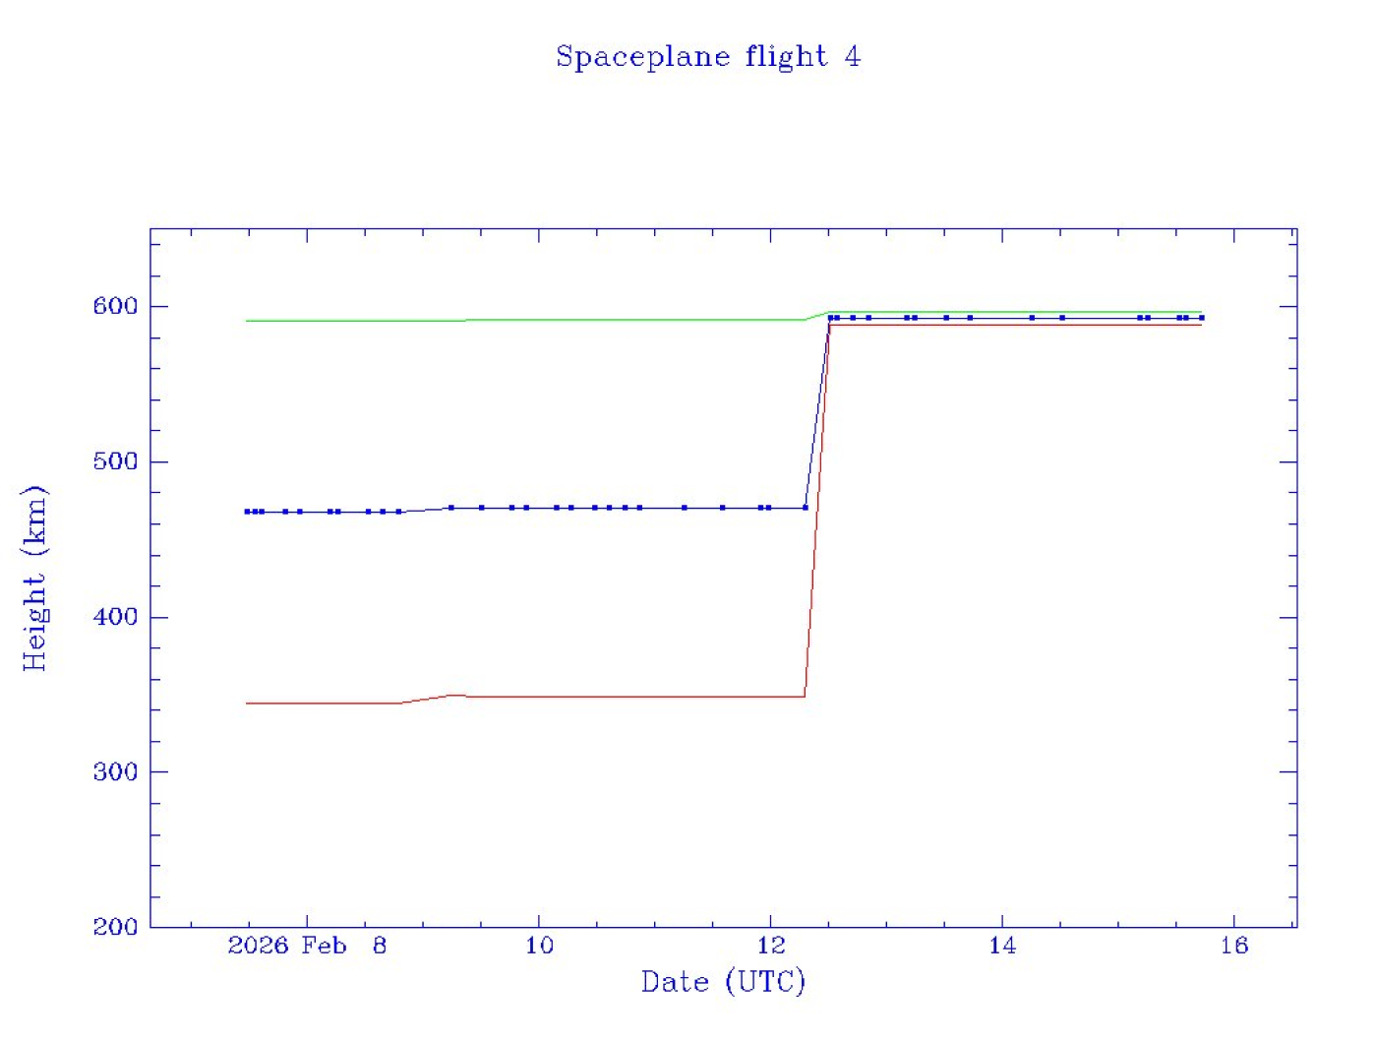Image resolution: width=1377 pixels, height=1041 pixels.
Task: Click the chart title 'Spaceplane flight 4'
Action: (x=707, y=57)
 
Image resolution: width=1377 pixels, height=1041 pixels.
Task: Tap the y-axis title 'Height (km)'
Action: (x=34, y=578)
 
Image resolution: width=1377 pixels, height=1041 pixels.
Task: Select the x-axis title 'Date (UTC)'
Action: (x=723, y=982)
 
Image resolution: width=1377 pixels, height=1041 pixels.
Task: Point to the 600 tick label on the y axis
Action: (x=115, y=306)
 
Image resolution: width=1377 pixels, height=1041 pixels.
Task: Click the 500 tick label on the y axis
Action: (x=115, y=461)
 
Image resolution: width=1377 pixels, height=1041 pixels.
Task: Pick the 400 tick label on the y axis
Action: (x=115, y=617)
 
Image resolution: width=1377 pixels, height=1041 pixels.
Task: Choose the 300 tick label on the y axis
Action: (x=115, y=772)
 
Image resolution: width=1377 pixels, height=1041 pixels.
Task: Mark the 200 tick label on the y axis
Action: (x=115, y=927)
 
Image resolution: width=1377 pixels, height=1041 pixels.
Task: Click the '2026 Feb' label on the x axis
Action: (x=287, y=947)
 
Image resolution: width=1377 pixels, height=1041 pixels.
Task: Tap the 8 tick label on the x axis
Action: (x=380, y=947)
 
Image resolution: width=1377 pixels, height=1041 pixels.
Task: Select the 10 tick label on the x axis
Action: (x=539, y=947)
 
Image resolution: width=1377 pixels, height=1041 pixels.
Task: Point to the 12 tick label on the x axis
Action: (x=771, y=947)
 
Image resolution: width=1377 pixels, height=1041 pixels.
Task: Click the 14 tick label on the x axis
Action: (x=1002, y=947)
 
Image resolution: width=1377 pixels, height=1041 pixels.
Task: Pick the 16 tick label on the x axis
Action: (x=1234, y=947)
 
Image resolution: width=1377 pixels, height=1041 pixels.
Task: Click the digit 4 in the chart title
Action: (x=852, y=57)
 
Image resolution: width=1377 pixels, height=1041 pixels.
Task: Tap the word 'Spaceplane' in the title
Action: (x=642, y=57)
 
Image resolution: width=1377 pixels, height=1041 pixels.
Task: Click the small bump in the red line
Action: (x=452, y=696)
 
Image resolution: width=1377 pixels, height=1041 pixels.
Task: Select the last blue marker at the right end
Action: (x=1201, y=318)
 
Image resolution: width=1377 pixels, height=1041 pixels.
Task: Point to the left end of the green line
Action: (x=247, y=321)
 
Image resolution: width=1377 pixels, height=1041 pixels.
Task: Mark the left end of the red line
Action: (x=247, y=704)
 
